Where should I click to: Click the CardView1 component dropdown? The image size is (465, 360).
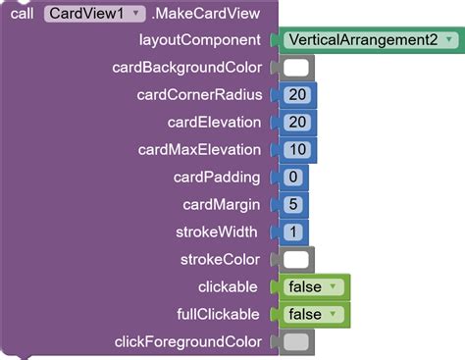point(95,14)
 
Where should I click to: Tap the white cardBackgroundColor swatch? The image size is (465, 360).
point(296,68)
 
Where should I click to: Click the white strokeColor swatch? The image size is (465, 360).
point(296,260)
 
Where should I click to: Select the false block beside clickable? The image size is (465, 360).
point(313,287)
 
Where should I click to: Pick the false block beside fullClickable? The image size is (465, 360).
point(313,315)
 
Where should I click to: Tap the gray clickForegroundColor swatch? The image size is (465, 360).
point(296,342)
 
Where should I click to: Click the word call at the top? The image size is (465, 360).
point(21,14)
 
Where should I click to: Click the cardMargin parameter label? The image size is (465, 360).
point(222,205)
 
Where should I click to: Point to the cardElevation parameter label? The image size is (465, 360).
point(215,123)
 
